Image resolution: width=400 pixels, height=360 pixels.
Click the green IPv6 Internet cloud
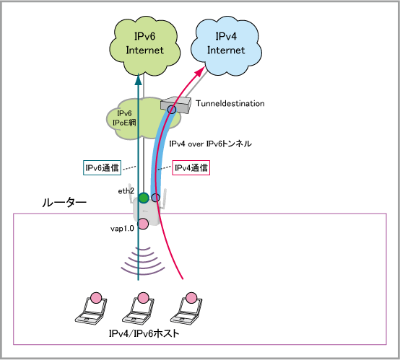point(144,46)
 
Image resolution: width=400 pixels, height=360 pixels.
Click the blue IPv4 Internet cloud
point(226,46)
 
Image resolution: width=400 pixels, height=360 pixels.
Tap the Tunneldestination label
point(230,103)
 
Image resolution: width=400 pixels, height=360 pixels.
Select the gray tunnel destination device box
point(176,105)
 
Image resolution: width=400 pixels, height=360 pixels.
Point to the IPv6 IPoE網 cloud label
point(124,118)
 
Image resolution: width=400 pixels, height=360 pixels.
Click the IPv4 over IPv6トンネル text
point(210,144)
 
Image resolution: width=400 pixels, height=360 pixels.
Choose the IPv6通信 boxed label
point(102,168)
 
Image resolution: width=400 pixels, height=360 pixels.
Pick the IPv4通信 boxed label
point(191,168)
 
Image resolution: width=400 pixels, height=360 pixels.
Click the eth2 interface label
point(126,191)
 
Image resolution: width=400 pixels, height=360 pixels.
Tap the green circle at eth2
point(144,198)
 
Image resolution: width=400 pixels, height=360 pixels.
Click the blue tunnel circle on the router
point(156,198)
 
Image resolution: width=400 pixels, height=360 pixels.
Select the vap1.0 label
point(122,229)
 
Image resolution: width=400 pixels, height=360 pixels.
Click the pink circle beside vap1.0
point(143,224)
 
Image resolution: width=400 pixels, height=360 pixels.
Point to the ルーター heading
point(64,203)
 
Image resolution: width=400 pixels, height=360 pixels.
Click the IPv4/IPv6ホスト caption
point(144,333)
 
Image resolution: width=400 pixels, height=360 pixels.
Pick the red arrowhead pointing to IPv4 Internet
point(201,71)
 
